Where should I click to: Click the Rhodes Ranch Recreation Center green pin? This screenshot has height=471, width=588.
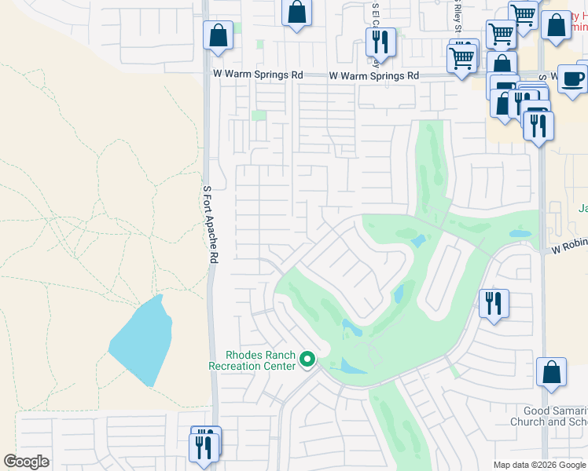pos(307,360)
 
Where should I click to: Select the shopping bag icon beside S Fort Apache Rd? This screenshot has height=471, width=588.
pos(218,36)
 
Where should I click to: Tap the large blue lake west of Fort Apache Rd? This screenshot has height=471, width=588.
pos(141,341)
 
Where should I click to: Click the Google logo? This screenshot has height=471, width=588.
pos(27,462)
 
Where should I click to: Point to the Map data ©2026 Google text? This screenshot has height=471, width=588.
pos(538,465)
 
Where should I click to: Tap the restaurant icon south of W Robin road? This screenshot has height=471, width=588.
pos(494,302)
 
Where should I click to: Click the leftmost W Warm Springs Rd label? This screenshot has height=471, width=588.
pos(258,75)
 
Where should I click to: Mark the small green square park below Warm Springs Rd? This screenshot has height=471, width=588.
pos(259,115)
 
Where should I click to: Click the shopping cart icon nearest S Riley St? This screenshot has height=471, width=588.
pos(462,56)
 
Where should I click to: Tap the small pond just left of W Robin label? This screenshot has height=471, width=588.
pos(520,233)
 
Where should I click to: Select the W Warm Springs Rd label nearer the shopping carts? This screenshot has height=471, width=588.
pos(374,76)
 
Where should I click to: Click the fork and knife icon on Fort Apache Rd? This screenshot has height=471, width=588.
pos(205,445)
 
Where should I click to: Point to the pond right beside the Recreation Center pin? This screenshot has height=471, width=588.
pos(345,365)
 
